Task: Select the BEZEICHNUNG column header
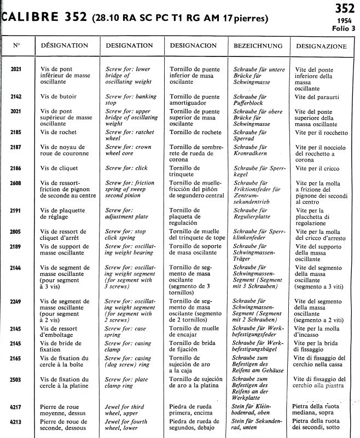[x=257, y=46]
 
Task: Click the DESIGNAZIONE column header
[x=322, y=47]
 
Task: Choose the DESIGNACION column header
[x=193, y=46]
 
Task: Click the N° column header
[x=16, y=46]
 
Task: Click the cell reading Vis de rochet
[x=59, y=132]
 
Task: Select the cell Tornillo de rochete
[x=195, y=132]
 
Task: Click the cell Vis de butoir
[x=59, y=96]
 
